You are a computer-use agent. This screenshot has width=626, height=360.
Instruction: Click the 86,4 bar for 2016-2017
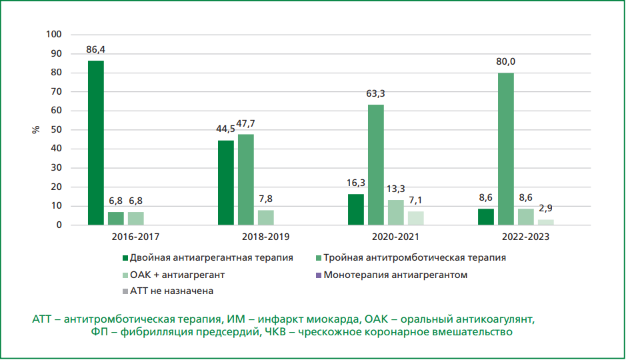tap(96, 143)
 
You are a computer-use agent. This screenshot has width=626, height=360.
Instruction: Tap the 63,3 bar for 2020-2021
tap(375, 165)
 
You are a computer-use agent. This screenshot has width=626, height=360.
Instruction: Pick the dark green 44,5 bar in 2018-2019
tap(225, 183)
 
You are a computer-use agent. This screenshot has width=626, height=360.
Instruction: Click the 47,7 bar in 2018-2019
tap(245, 179)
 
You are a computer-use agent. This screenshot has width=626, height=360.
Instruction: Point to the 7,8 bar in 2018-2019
tap(265, 217)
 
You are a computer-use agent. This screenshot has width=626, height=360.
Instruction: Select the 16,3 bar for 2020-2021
tap(356, 209)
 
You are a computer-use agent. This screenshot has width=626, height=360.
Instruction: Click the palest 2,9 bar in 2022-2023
tap(545, 222)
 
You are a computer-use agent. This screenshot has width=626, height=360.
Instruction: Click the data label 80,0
tap(505, 62)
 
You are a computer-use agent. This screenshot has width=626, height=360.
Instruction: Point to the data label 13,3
tap(396, 189)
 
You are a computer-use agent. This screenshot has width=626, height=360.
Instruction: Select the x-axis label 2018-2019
tap(245, 236)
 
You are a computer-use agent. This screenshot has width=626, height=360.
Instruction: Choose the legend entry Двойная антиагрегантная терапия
tap(212, 257)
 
